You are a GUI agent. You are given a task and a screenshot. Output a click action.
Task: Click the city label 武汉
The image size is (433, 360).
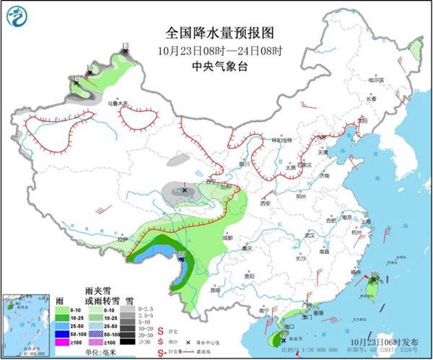310,235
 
